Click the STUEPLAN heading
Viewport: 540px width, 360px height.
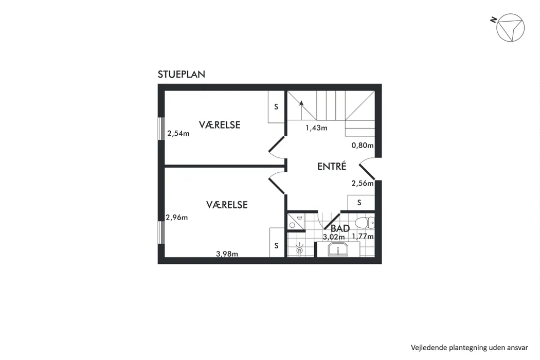point(182,74)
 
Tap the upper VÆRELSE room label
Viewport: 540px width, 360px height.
point(220,124)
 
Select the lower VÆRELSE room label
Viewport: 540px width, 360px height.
point(227,205)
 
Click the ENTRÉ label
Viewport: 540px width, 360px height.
point(332,167)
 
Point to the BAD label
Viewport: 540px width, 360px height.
point(340,228)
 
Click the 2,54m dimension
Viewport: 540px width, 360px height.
point(178,133)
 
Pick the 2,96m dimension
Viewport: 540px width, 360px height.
point(177,218)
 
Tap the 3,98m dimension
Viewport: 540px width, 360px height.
point(227,254)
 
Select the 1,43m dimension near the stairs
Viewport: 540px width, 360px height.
point(316,128)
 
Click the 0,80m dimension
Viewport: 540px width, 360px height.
point(363,146)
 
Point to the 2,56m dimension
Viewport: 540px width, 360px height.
point(363,183)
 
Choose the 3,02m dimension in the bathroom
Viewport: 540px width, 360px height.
point(334,237)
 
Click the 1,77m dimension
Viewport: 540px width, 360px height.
point(363,237)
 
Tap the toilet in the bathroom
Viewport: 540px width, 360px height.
point(365,223)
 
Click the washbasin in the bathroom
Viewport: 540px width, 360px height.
point(338,249)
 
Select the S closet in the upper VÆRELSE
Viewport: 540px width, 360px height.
point(276,107)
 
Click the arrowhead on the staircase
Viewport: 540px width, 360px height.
point(301,102)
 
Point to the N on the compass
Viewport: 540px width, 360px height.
point(494,20)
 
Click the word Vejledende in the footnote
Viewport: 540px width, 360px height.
point(428,348)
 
